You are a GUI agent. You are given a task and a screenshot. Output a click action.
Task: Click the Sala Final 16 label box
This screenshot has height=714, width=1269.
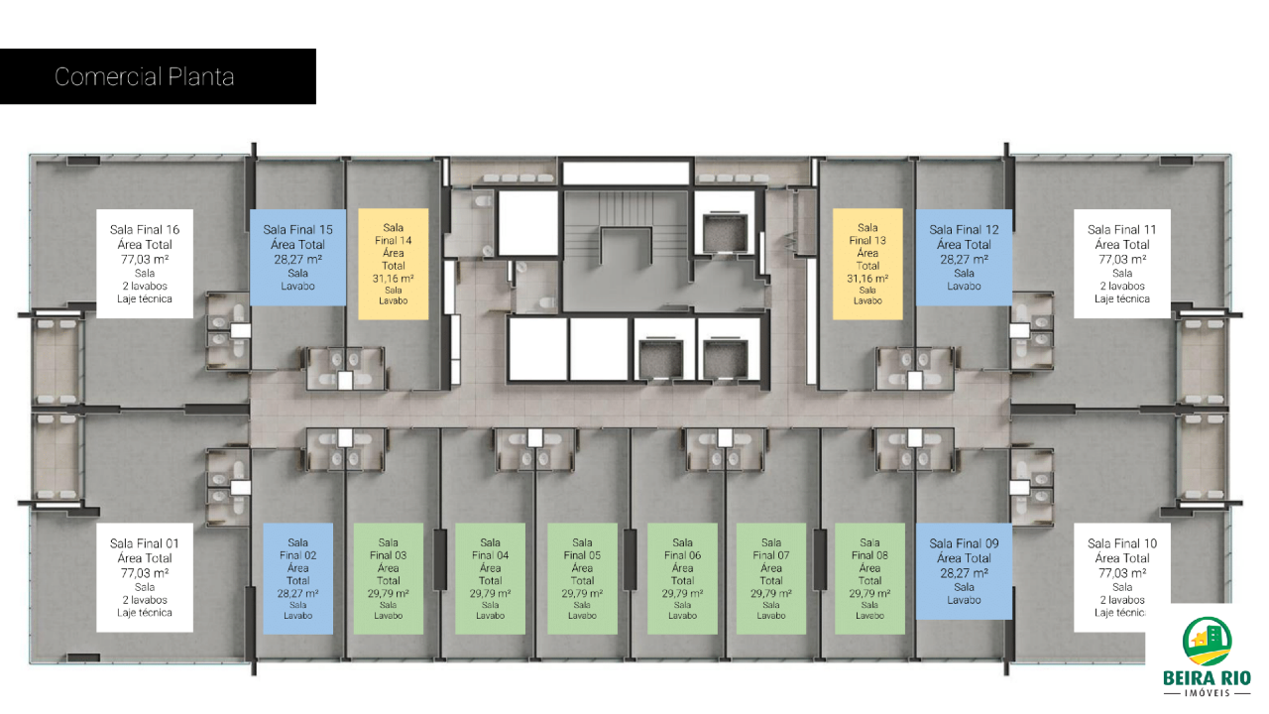[145, 264]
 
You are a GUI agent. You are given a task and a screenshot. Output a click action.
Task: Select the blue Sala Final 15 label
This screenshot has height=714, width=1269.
[298, 257]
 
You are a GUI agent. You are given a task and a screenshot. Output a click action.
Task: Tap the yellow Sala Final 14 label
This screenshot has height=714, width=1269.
[394, 264]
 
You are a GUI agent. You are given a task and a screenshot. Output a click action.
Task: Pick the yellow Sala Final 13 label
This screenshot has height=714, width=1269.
[867, 264]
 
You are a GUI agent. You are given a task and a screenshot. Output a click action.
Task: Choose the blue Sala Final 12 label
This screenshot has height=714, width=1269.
[964, 257]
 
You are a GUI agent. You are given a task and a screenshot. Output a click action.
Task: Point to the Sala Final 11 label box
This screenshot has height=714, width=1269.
[1121, 264]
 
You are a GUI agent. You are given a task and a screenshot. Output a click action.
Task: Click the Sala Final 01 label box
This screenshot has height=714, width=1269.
[145, 577]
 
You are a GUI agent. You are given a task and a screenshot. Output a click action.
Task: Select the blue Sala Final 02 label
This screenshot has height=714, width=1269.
[298, 578]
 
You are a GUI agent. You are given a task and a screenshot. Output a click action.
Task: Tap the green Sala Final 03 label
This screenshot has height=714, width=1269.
[388, 578]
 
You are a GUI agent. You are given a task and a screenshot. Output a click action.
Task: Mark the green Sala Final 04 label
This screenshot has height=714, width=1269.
[490, 578]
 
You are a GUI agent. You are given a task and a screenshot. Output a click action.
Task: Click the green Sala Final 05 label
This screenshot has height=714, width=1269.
[582, 578]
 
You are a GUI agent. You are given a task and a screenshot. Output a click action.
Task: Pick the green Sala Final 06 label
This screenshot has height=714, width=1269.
[683, 578]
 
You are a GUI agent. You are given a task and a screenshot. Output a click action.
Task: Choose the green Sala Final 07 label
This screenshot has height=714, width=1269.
[771, 578]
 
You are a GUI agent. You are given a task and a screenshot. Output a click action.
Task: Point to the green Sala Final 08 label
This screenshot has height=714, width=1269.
[869, 578]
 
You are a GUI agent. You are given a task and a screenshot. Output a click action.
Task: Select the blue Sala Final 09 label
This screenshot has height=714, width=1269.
[964, 571]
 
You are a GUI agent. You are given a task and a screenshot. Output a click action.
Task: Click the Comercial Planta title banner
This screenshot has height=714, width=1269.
[158, 76]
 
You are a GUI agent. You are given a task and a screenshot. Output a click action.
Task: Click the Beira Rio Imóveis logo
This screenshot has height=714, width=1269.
[1207, 656]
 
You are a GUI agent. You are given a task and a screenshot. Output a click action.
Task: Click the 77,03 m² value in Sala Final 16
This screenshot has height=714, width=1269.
[145, 259]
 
